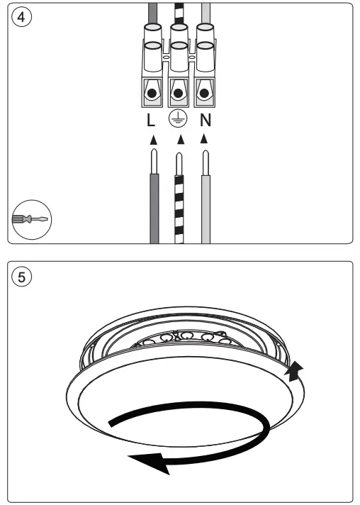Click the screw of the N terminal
pos(205,93)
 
